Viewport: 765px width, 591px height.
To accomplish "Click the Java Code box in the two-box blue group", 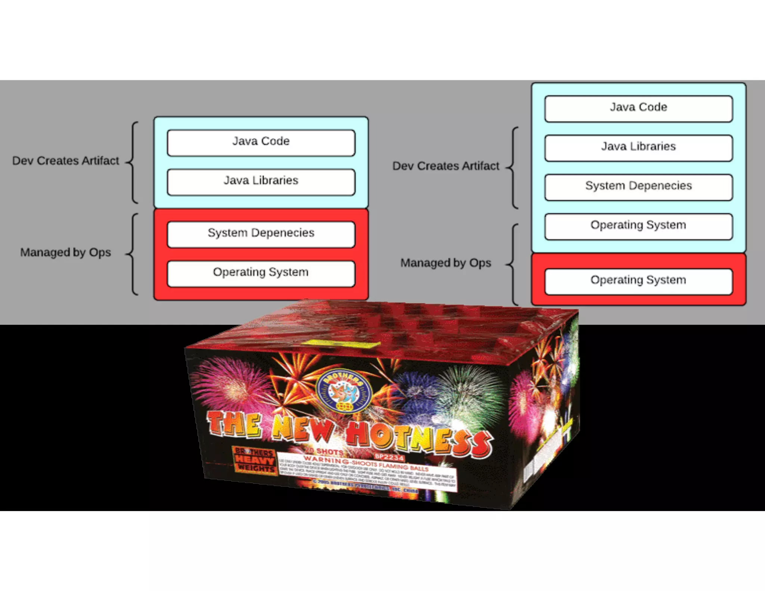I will [261, 143].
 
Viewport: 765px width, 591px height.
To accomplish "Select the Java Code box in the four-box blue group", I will [638, 109].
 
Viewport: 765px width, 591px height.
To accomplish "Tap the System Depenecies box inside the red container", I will [261, 234].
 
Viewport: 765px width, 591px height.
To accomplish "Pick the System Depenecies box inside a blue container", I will [638, 187].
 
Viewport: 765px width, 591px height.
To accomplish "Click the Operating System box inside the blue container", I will [638, 226].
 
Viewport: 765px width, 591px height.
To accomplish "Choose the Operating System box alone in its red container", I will [638, 281].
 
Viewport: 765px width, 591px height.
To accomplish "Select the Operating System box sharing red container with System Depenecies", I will [261, 273].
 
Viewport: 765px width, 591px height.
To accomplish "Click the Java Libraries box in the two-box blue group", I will [261, 182].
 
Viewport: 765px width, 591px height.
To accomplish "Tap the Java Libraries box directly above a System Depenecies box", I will [638, 148].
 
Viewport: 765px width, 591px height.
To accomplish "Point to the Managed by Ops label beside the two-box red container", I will [65, 253].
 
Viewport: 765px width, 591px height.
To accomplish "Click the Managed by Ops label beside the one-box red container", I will [446, 263].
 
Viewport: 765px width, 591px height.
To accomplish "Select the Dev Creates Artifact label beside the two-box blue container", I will [65, 161].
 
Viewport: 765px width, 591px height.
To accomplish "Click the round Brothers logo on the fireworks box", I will [343, 392].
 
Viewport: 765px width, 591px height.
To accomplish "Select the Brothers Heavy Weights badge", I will [255, 461].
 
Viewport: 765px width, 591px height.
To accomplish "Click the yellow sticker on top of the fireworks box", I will [341, 344].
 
